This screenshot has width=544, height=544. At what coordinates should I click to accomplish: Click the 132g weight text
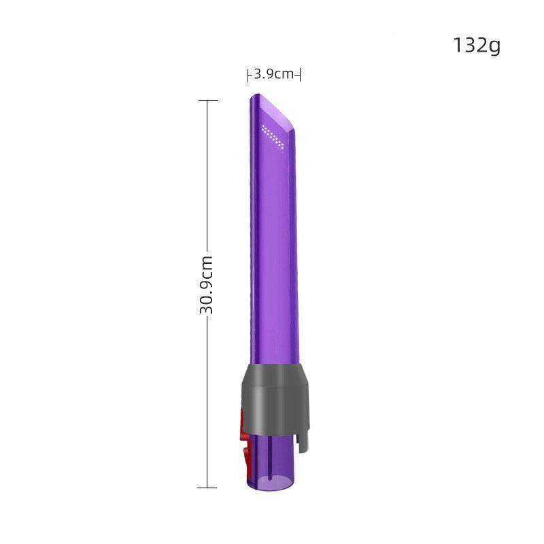click(476, 46)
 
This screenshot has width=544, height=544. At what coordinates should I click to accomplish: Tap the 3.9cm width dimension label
click(274, 74)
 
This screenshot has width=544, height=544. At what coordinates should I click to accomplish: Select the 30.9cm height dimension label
click(207, 284)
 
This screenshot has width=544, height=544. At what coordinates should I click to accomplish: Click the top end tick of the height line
click(207, 101)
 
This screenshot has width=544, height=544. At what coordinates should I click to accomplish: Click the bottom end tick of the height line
click(207, 487)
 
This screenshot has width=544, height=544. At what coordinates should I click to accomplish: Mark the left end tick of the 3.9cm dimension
click(248, 75)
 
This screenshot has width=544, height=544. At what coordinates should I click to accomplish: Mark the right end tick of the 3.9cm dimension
click(300, 75)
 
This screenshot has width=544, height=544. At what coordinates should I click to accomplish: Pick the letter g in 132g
click(493, 47)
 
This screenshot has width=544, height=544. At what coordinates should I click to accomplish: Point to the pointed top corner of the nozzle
click(252, 96)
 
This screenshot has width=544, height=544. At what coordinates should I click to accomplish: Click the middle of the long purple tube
click(272, 258)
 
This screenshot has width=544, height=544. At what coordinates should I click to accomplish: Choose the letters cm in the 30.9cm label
click(207, 265)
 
